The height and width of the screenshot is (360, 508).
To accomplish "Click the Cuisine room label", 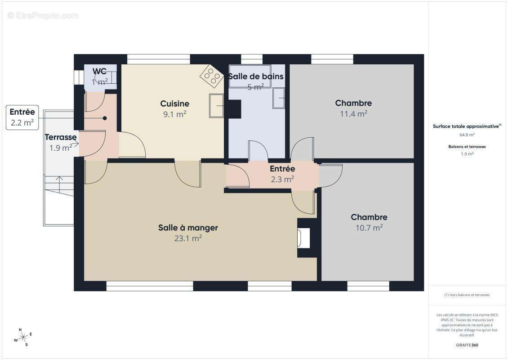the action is [x=174, y=103].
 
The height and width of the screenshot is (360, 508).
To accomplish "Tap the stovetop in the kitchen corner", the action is [x=212, y=76].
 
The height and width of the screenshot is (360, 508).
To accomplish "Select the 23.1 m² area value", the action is [x=188, y=238].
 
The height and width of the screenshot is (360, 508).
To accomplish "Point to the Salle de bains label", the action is [x=256, y=76].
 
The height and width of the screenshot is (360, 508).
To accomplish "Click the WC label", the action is [x=99, y=72].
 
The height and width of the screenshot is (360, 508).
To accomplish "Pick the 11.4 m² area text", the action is [x=353, y=113].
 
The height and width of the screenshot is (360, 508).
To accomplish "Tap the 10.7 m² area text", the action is [x=369, y=228].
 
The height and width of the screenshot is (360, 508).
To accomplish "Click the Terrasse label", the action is [x=61, y=137].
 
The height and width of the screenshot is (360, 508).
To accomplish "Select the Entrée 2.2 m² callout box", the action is [x=22, y=117].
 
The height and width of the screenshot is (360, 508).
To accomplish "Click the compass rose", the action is [x=23, y=337].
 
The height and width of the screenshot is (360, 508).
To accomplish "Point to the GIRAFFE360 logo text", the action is [x=467, y=345].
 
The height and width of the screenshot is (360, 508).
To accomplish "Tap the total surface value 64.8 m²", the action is [x=467, y=135].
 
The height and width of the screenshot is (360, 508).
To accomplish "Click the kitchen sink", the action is [x=216, y=106].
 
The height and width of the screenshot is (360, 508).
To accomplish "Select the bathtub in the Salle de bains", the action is [x=250, y=76].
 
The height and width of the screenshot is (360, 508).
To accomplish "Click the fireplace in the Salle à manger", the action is [x=304, y=238].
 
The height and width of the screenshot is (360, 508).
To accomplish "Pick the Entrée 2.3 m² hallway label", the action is [x=282, y=174].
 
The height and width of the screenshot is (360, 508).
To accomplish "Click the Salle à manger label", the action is [x=188, y=228].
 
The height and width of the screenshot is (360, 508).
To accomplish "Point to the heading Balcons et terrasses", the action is [x=467, y=147].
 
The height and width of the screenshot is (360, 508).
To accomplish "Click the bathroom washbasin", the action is [x=279, y=98].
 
